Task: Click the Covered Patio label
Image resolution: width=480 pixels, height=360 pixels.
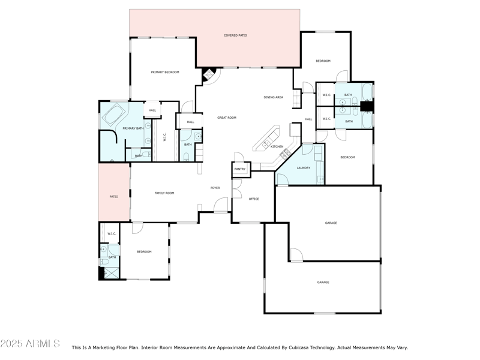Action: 235,35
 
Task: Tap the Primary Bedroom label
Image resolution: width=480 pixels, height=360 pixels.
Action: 165,72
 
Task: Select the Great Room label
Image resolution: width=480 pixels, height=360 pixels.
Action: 227,118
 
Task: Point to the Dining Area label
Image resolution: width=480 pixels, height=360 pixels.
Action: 273,97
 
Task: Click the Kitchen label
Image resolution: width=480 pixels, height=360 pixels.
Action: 277,147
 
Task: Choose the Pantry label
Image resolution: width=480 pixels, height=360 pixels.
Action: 240,169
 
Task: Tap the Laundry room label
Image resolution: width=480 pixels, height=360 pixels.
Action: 304,167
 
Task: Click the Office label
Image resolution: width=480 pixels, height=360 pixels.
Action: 254,199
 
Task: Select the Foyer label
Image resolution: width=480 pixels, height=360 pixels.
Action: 215,188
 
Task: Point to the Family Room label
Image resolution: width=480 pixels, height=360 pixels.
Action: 164,193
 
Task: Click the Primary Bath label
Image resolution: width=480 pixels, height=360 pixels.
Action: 133,128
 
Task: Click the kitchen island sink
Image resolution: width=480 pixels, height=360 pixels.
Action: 265,143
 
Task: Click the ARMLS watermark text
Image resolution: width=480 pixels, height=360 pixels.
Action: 30,344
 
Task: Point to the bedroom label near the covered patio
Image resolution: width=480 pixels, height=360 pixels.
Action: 323,61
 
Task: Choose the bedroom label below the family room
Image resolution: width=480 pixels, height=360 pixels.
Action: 144,251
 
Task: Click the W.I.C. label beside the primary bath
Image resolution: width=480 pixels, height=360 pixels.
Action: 165,137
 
